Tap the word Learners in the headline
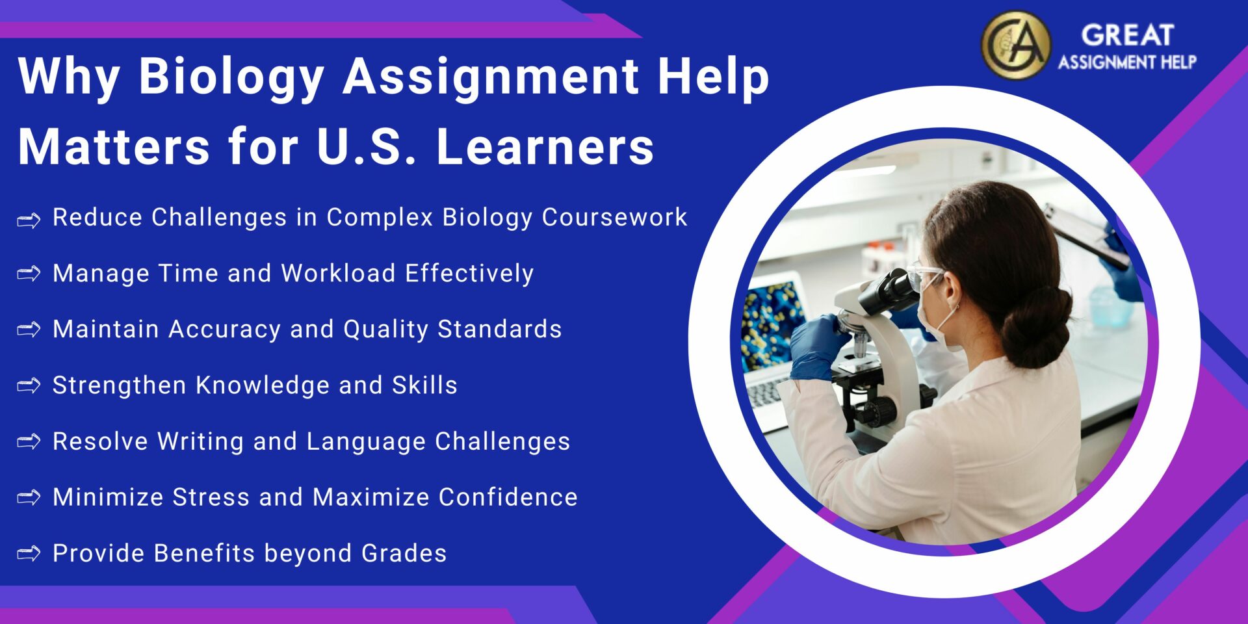(545, 147)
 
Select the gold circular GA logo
(1015, 45)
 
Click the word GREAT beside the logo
(1127, 35)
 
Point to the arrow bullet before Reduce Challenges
(29, 220)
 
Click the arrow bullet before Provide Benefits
(29, 554)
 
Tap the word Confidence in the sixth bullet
(508, 497)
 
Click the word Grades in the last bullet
(404, 553)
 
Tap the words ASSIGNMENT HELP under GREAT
(1127, 62)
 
